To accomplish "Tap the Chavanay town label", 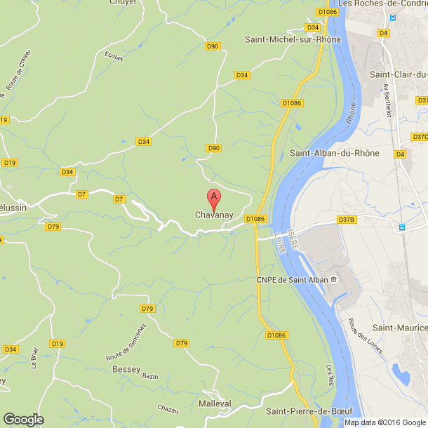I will pyautogui.click(x=214, y=215).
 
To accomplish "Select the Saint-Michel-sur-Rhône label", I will pyautogui.click(x=293, y=39).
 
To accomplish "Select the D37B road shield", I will pyautogui.click(x=347, y=220).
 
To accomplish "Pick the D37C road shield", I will pyautogui.click(x=420, y=137).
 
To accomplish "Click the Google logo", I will pyautogui.click(x=22, y=419).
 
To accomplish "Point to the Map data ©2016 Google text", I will pyautogui.click(x=384, y=422).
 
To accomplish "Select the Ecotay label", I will pyautogui.click(x=114, y=55).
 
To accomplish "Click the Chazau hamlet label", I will pyautogui.click(x=168, y=409).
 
